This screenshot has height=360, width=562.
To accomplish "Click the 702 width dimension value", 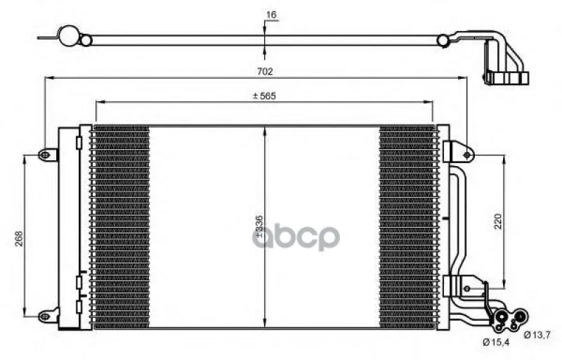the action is point(265,71).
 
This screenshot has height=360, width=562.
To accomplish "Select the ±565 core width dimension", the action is point(264,96).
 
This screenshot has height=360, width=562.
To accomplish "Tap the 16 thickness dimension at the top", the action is point(271,15).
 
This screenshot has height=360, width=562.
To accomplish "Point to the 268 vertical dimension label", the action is point(19,238).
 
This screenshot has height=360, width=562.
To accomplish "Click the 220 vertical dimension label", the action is point(498,221).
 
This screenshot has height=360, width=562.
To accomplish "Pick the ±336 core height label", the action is point(259,226).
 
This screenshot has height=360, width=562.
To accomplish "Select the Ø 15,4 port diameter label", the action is point(496,342).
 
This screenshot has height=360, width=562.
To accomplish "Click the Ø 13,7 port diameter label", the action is point(537,335).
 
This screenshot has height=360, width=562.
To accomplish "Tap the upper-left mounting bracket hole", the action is point(44,155).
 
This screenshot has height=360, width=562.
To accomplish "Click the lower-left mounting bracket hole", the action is point(44,316).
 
